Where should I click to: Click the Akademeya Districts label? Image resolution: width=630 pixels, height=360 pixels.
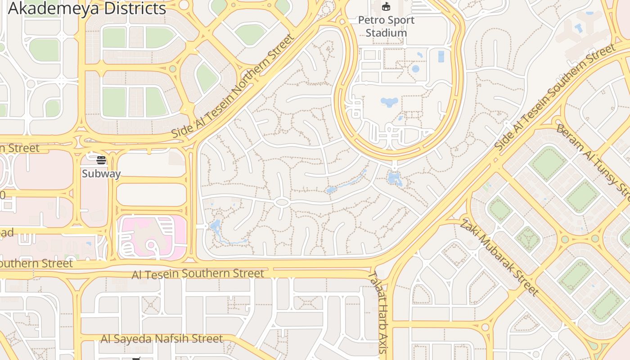pyautogui.click(x=87, y=8)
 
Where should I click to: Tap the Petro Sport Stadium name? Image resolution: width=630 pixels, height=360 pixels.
pyautogui.click(x=386, y=27)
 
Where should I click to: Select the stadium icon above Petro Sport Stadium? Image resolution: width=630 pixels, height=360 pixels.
pyautogui.click(x=386, y=6)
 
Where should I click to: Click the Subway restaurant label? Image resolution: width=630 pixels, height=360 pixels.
pyautogui.click(x=101, y=174)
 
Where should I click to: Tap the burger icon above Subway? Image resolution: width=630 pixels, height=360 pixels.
pyautogui.click(x=101, y=160)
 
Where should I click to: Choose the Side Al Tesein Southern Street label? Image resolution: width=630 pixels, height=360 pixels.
pyautogui.click(x=554, y=98)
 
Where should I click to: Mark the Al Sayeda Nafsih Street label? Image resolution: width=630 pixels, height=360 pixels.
pyautogui.click(x=162, y=339)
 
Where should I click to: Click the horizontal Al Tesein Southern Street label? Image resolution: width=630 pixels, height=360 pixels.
pyautogui.click(x=198, y=274)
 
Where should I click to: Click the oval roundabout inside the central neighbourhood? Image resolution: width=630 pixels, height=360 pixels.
pyautogui.click(x=282, y=202)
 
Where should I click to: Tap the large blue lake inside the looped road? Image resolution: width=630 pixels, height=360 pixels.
pyautogui.click(x=389, y=102)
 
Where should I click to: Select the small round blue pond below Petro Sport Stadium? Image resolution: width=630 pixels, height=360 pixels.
pyautogui.click(x=415, y=69)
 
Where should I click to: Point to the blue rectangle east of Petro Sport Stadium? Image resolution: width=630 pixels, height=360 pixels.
pyautogui.click(x=441, y=56)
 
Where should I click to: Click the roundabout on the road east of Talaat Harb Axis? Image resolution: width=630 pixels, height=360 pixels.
pyautogui.click(x=485, y=327)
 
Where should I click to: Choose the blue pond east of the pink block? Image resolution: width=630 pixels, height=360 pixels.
pyautogui.click(x=215, y=226)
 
